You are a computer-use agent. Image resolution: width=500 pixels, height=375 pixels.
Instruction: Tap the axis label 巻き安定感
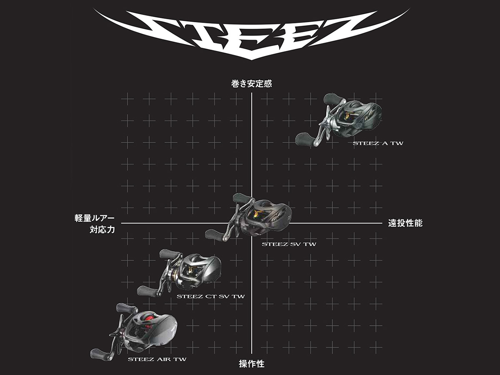tap(251, 84)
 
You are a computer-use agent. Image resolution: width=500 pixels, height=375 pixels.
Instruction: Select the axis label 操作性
tap(251, 364)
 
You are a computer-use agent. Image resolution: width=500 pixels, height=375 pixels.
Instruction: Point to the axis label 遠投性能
tap(405, 223)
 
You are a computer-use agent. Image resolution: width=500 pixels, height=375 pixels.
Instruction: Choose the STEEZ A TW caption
tap(377, 143)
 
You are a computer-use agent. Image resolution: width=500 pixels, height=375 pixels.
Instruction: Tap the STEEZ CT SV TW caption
tap(210, 297)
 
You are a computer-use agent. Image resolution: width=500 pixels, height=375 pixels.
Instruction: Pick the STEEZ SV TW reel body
tap(269, 217)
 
